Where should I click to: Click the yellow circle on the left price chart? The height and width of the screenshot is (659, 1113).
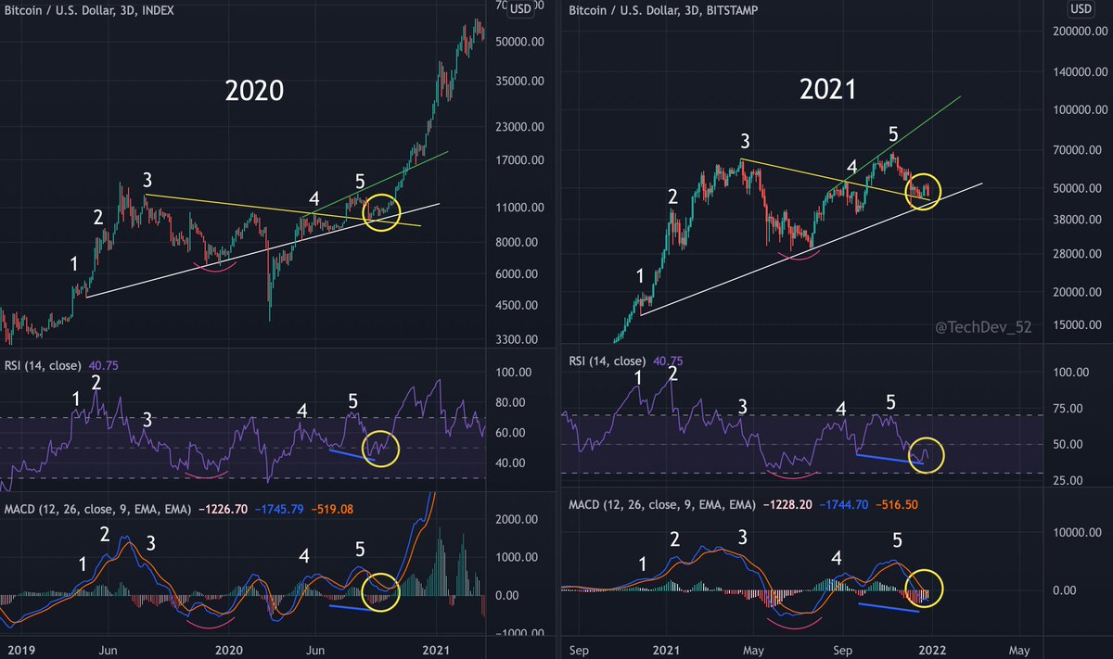(381, 211)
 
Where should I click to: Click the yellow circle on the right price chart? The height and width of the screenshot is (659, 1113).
(922, 192)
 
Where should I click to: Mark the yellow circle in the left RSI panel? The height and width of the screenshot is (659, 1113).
(381, 448)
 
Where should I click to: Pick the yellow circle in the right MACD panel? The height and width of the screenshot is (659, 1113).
(922, 589)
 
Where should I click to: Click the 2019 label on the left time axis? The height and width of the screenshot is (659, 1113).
(18, 648)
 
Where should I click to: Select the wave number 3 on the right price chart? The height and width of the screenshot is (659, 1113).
(745, 142)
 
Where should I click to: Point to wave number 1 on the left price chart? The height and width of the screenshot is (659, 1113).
(75, 263)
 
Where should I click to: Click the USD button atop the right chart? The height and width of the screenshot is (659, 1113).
(1080, 9)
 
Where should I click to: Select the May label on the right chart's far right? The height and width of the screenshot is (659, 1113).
(1018, 648)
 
